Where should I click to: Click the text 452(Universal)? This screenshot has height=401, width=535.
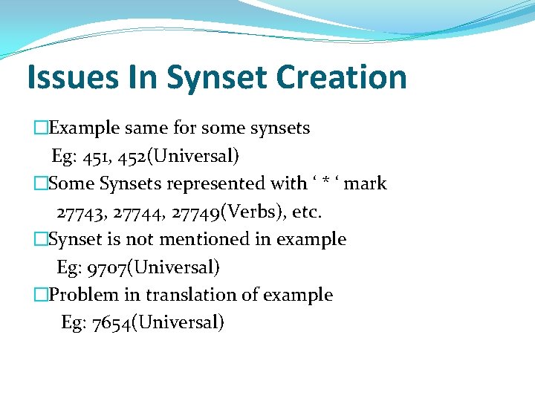click(x=179, y=156)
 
